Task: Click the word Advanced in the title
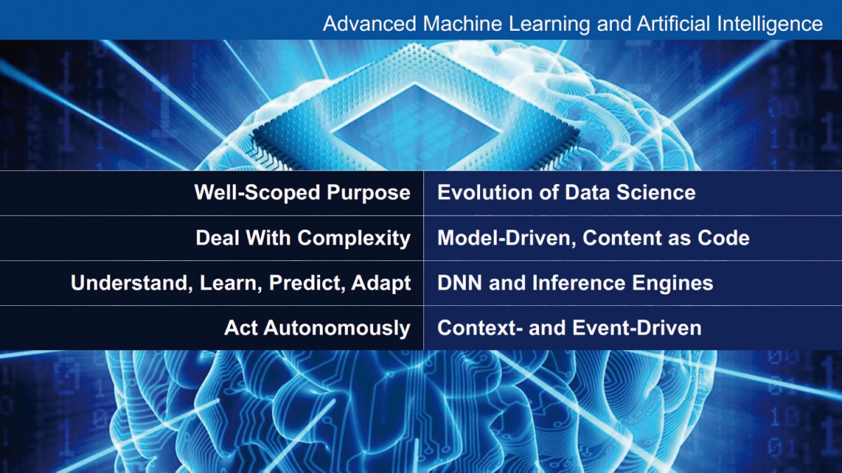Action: tap(370, 23)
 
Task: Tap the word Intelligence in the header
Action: tap(770, 25)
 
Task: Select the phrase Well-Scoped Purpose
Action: tap(302, 193)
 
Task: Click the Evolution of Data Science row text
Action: tap(566, 192)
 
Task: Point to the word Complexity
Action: tap(354, 239)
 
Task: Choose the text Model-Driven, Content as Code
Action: tap(593, 238)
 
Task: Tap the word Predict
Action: tap(307, 283)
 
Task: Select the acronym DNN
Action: tap(460, 283)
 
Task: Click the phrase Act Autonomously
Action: tap(317, 328)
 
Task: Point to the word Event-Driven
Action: tap(637, 328)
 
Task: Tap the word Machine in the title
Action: tap(462, 23)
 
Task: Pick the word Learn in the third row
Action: tap(231, 283)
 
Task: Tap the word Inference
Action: tap(579, 283)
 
